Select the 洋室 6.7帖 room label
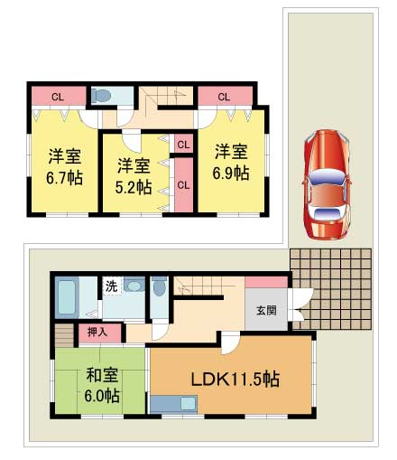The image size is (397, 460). pyautogui.click(x=64, y=164)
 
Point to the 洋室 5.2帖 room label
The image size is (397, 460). pyautogui.click(x=133, y=176)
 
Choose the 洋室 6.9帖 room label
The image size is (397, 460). pyautogui.click(x=230, y=163)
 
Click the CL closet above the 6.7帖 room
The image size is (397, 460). pyautogui.click(x=58, y=97)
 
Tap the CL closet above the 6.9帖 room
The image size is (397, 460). pyautogui.click(x=223, y=97)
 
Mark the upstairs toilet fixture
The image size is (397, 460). pyautogui.click(x=102, y=95)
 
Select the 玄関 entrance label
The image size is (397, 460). pyautogui.click(x=266, y=312)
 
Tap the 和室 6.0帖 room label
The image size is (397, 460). pyautogui.click(x=102, y=384)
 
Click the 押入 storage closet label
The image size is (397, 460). pyautogui.click(x=97, y=333)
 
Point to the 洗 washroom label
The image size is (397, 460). pyautogui.click(x=110, y=286)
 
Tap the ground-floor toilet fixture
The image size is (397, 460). pyautogui.click(x=160, y=288)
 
